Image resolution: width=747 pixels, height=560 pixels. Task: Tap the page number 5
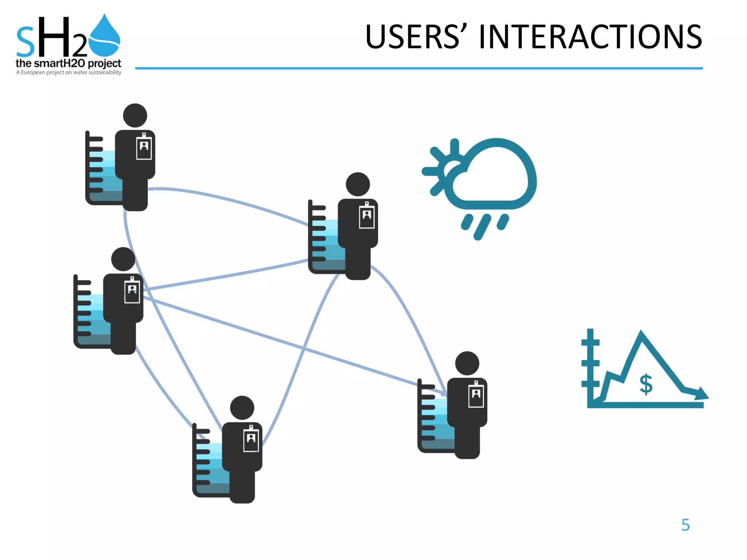(685, 525)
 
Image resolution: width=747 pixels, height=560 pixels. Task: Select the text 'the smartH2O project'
(68, 63)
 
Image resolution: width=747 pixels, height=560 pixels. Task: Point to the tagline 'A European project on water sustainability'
(69, 73)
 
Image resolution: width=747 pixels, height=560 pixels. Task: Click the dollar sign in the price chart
(646, 384)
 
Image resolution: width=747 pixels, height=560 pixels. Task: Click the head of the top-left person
(135, 116)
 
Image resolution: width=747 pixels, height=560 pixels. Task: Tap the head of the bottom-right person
(467, 363)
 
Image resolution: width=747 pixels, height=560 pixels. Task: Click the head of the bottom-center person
(242, 408)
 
